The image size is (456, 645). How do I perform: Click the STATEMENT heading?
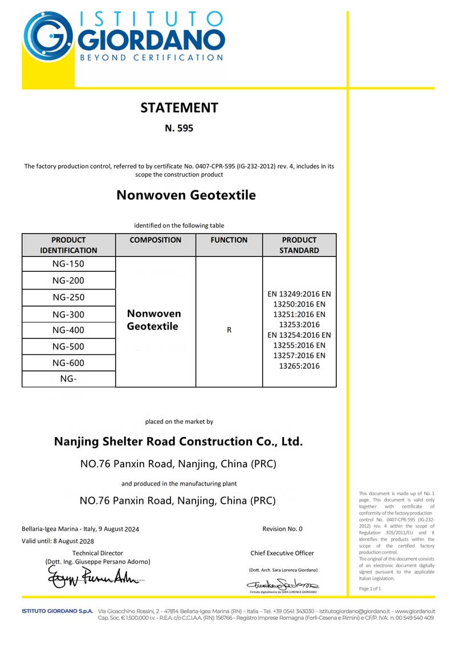pos(179,108)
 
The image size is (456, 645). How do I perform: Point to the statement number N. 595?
pos(179,128)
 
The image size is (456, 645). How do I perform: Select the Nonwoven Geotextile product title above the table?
pos(186,195)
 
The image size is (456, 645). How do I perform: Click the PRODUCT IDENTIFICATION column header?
pos(68,245)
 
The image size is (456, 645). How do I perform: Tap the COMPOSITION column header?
pos(156,240)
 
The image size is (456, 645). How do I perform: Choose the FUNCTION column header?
pos(229,240)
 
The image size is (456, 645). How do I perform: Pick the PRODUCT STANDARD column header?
pos(299,245)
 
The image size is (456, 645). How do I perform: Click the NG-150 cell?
pos(68,264)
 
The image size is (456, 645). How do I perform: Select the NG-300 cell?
pos(68,314)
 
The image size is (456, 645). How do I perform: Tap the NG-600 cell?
pos(68,363)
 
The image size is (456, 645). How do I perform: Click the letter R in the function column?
pos(229,330)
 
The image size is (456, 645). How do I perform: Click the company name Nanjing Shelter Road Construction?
pos(178,442)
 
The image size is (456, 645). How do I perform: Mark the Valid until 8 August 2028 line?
pos(58,541)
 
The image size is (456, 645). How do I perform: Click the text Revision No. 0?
pos(282,529)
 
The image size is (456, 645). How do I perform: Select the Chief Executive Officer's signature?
pos(283,584)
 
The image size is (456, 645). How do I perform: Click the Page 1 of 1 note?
pos(370,589)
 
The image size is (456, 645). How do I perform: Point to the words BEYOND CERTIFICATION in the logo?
pos(151,58)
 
